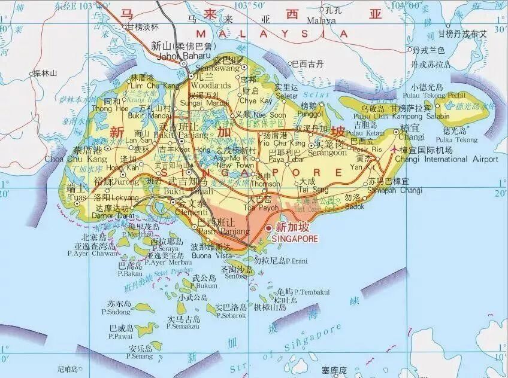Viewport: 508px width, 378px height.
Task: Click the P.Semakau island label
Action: pyautogui.click(x=183, y=326)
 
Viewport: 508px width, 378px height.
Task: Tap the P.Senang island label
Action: pyautogui.click(x=140, y=356)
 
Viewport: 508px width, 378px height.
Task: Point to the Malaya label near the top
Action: pyautogui.click(x=322, y=20)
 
